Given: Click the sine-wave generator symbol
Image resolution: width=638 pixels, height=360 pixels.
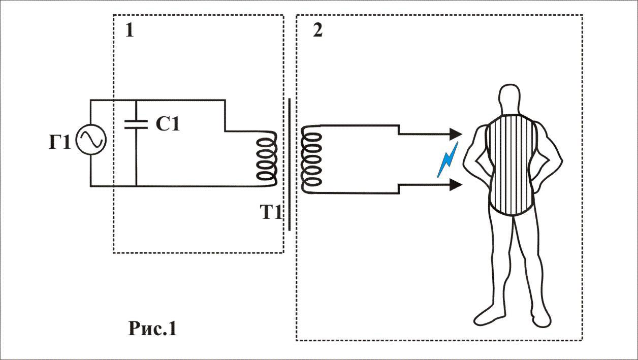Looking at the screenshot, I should point(90,141).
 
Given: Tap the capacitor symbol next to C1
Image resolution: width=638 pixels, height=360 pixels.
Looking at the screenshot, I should point(136,124).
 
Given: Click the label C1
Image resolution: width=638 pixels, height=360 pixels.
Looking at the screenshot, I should point(168,124).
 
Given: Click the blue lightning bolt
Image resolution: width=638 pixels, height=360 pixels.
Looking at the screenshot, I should point(448,160).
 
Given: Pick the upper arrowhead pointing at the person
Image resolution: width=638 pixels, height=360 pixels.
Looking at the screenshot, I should point(456,134).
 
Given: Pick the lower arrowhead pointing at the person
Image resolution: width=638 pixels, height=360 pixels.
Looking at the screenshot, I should point(456,185).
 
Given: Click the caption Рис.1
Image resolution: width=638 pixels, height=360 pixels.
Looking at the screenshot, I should point(152,329).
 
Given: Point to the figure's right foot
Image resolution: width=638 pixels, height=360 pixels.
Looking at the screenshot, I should point(539,317).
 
